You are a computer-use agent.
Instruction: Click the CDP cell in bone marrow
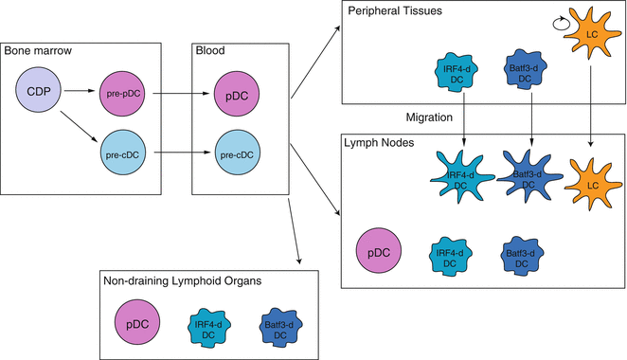[x=39, y=94]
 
